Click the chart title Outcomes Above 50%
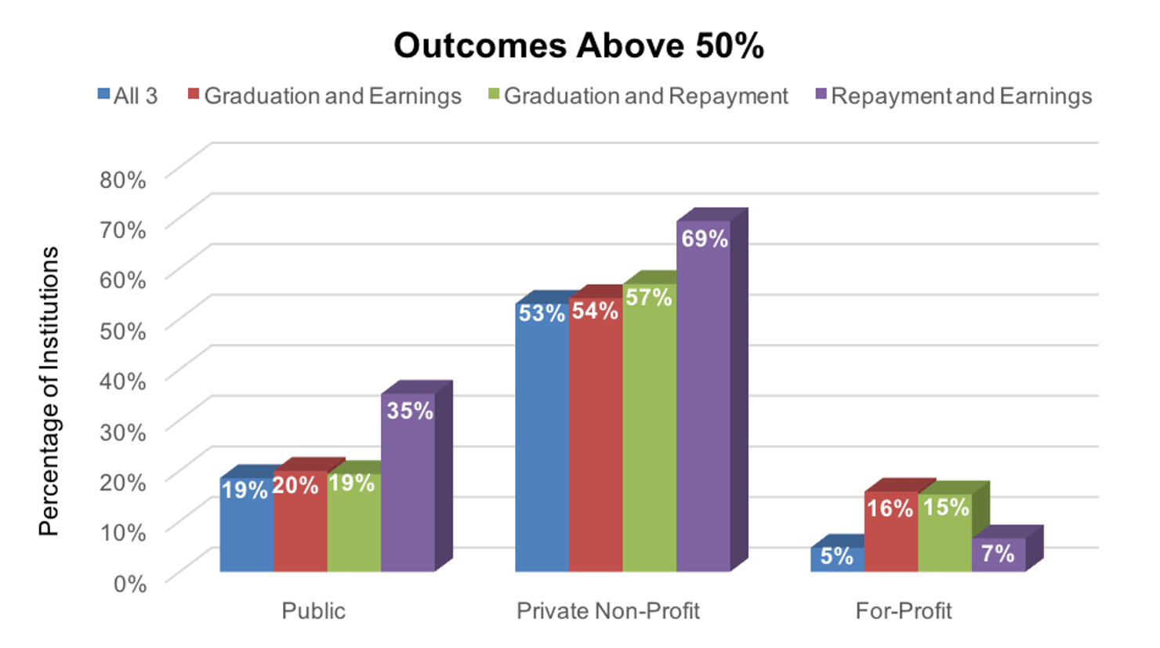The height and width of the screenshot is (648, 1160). tap(578, 45)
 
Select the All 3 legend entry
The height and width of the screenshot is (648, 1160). tap(128, 96)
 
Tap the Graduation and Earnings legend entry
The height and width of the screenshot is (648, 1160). tap(324, 96)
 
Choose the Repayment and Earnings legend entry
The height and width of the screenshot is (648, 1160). tap(953, 96)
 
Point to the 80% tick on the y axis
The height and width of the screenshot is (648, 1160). tap(122, 179)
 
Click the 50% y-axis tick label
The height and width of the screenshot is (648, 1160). tap(122, 331)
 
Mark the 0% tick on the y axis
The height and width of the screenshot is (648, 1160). tap(129, 584)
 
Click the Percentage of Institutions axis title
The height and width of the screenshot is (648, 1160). tap(49, 391)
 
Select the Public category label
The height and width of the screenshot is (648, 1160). tap(314, 611)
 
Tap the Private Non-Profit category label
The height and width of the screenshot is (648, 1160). tap(607, 611)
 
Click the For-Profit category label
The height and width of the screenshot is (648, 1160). tap(903, 611)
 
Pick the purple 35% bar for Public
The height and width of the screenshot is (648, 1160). tap(408, 486)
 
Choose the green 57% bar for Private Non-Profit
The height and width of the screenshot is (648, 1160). tap(649, 431)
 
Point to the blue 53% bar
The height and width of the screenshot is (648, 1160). tap(542, 439)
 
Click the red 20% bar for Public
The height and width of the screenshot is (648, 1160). tap(300, 525)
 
